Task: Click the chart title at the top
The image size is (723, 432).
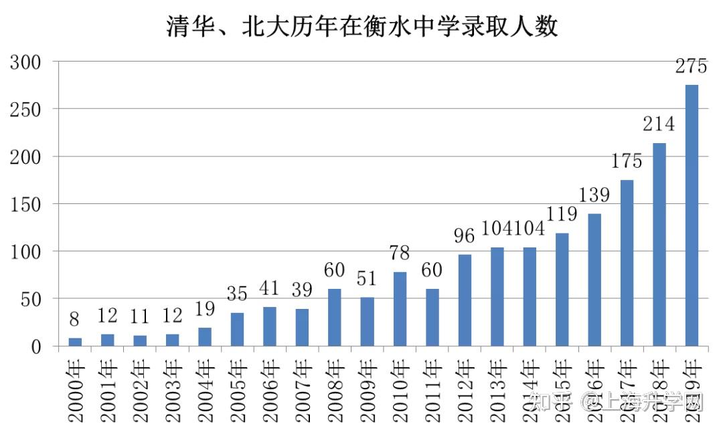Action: (361, 27)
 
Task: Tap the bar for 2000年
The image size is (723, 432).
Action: (75, 342)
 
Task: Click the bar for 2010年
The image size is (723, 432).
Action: (400, 309)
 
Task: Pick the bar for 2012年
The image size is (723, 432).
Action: (465, 300)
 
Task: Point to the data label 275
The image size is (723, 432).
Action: (692, 67)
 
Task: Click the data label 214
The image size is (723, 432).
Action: (659, 124)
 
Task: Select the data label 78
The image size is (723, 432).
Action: (400, 253)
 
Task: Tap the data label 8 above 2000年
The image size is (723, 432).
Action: (75, 320)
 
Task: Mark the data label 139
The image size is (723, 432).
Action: (594, 195)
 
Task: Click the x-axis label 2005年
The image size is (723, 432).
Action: (238, 392)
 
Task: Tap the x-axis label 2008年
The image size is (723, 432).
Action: (335, 392)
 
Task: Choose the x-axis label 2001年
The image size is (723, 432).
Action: (108, 392)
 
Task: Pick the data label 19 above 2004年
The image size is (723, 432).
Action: (205, 309)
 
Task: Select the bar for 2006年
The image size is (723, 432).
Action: (270, 326)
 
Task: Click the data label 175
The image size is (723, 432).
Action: (627, 161)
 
